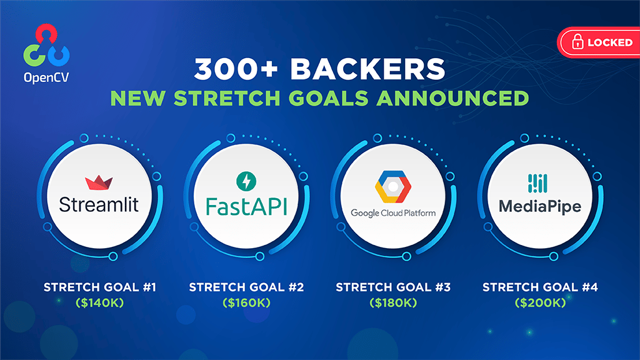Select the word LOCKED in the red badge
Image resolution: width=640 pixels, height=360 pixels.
tap(609, 43)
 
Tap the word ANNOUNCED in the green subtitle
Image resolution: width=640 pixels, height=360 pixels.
tap(460, 98)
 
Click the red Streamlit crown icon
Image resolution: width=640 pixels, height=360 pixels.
tap(98, 182)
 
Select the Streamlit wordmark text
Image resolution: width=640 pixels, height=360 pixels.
tap(98, 204)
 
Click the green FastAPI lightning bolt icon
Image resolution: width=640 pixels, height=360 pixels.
tap(246, 182)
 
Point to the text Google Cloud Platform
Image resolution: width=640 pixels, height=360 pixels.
tap(392, 213)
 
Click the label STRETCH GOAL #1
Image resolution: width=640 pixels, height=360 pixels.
tap(99, 287)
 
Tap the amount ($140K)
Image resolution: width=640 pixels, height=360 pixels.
tap(99, 302)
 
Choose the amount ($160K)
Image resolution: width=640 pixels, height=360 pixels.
tap(246, 302)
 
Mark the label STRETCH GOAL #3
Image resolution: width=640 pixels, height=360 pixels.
tap(393, 287)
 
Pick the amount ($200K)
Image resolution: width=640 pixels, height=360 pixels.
tap(540, 302)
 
